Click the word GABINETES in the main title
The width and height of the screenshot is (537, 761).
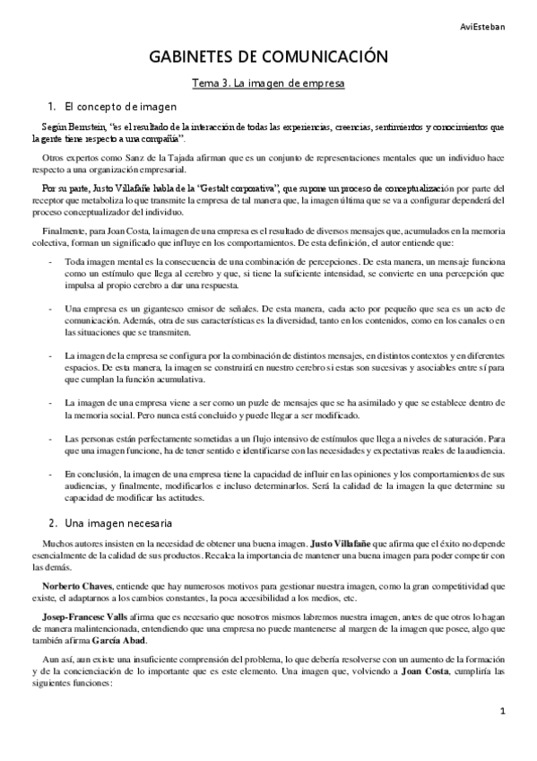pyautogui.click(x=193, y=58)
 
